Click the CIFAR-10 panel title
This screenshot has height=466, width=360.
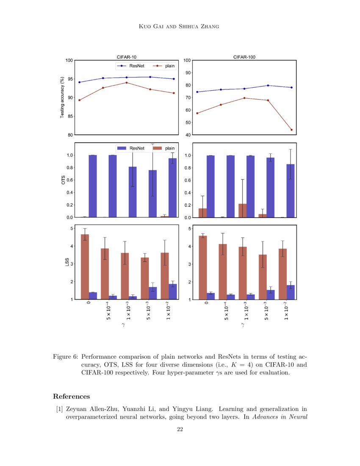127,57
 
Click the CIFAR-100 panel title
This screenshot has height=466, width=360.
244,57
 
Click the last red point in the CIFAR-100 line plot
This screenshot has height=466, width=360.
291,130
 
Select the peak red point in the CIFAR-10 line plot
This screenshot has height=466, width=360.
127,83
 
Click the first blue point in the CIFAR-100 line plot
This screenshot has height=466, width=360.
197,92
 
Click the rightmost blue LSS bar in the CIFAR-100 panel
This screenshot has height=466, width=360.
291,292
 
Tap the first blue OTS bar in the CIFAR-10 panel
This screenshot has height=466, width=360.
93,186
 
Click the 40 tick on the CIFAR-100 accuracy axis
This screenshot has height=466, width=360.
187,135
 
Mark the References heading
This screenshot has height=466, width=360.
71,397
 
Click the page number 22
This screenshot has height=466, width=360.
180,430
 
